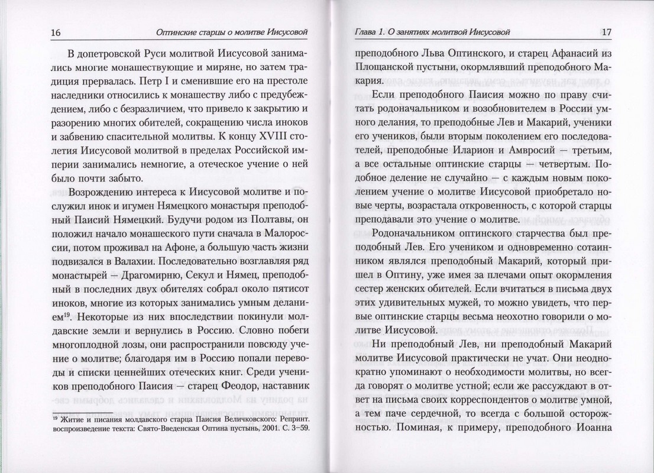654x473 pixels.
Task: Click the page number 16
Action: [56, 32]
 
